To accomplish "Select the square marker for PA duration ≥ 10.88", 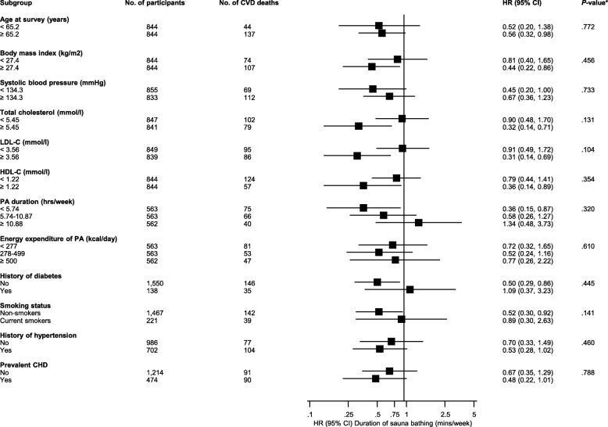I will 418,223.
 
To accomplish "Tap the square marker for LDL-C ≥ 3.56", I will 356,155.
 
